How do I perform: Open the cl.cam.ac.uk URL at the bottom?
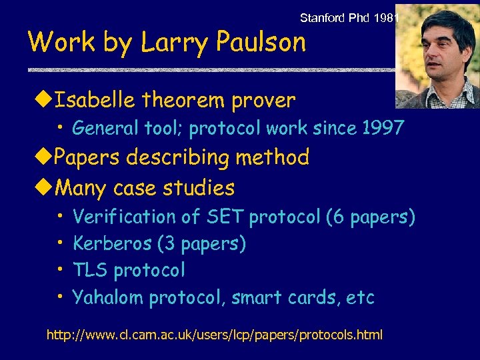coord(214,334)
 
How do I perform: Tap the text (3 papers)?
coord(202,244)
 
